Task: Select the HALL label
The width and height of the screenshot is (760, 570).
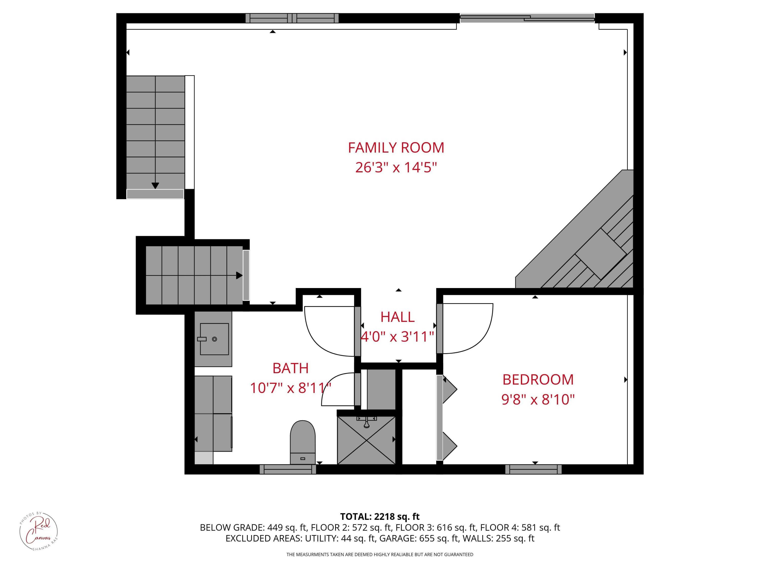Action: tap(397, 317)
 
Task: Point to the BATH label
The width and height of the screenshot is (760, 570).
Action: tap(290, 368)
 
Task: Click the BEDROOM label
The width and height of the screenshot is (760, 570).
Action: tap(538, 380)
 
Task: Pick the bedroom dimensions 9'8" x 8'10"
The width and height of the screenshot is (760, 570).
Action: tap(538, 400)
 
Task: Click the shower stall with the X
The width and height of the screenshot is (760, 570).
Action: tap(366, 440)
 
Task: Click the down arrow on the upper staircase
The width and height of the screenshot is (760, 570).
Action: tap(155, 185)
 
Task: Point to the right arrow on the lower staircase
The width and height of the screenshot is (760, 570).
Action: tap(239, 275)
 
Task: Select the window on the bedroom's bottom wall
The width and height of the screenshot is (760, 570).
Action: tap(533, 469)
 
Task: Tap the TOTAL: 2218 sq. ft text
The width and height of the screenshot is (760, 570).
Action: tap(380, 517)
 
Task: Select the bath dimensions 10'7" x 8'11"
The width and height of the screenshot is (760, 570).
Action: tap(290, 388)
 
